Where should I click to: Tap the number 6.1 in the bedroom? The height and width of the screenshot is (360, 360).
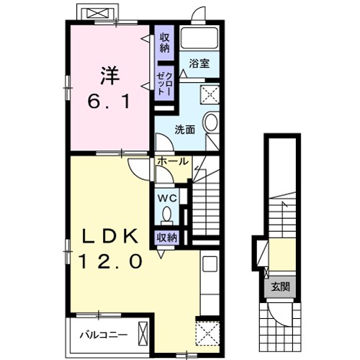click(x=109, y=103)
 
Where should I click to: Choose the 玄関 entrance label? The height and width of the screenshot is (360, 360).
click(x=280, y=287)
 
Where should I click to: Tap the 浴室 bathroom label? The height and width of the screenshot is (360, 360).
click(x=199, y=64)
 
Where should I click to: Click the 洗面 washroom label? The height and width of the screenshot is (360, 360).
click(x=185, y=130)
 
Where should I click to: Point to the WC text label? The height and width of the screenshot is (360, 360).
click(x=167, y=195)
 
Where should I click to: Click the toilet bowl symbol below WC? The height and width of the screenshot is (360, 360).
click(x=167, y=215)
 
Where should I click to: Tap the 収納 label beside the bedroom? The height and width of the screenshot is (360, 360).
click(x=164, y=42)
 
